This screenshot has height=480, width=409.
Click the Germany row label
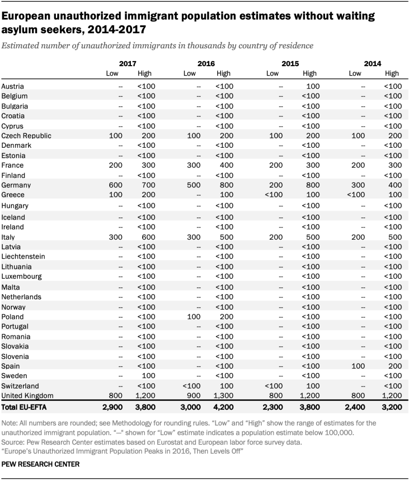(x=16, y=185)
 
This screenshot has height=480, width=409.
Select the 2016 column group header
(x=206, y=63)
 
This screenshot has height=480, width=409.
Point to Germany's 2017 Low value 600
(x=116, y=185)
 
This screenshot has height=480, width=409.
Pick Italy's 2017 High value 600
(x=145, y=237)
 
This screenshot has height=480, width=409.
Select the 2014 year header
(x=372, y=63)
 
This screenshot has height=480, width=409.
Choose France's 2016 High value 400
(x=224, y=165)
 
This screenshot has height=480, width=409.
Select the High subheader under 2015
(x=310, y=73)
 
